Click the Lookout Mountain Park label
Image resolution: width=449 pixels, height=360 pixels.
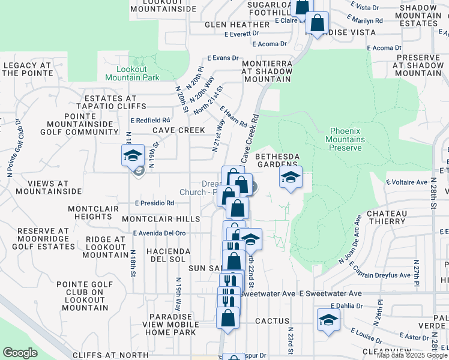tap(132, 73)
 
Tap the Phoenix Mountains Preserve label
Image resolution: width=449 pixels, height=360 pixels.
tap(345, 139)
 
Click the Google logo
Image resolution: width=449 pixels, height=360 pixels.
tap(20, 352)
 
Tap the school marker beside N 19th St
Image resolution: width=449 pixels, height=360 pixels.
tap(133, 156)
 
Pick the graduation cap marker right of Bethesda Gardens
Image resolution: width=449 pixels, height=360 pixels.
tap(291, 178)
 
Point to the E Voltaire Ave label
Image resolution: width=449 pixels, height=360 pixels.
tap(406, 181)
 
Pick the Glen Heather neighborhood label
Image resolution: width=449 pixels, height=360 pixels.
tap(231, 25)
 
